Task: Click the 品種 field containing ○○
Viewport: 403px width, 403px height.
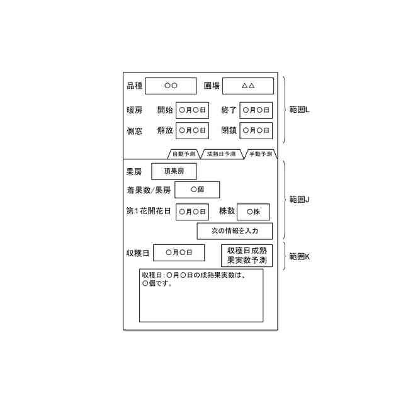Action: point(171,86)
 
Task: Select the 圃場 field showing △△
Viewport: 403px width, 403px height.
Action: point(248,86)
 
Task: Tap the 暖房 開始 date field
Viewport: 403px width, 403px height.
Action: point(192,110)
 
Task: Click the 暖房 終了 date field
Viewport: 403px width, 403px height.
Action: point(256,110)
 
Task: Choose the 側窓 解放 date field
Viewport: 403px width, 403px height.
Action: point(192,131)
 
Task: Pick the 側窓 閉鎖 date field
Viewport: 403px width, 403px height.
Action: point(256,131)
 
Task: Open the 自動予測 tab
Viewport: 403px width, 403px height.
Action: point(184,154)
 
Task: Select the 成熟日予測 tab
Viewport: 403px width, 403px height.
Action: point(221,154)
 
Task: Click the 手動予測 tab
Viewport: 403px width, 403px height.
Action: point(260,154)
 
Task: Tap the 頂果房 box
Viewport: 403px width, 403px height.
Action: point(174,171)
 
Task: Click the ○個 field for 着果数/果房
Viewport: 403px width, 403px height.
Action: point(197,190)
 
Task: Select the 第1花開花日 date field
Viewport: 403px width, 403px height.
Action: point(192,212)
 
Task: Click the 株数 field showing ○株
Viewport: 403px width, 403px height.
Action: point(253,212)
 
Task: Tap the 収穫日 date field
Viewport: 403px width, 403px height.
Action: point(179,253)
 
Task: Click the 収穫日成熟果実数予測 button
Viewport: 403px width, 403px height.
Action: point(247,254)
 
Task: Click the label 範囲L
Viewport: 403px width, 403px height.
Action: point(300,110)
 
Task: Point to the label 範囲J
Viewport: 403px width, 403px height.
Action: point(300,199)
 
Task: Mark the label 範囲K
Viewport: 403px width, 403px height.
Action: point(300,256)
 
